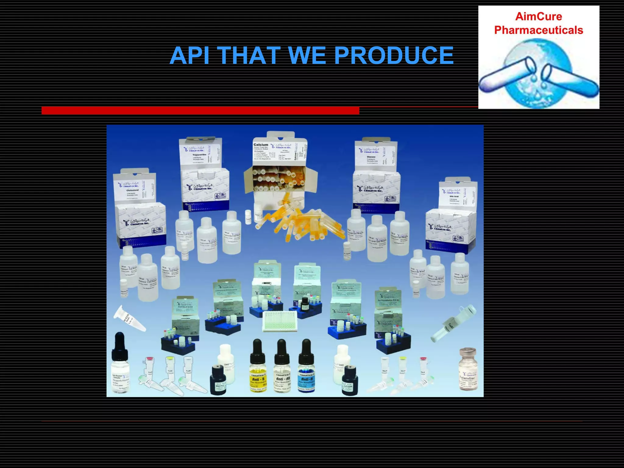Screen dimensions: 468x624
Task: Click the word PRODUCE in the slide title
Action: click(x=394, y=55)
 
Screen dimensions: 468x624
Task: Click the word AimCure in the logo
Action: click(x=538, y=16)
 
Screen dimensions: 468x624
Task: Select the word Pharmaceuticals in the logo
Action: click(x=538, y=30)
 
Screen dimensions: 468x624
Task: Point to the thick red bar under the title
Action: click(x=200, y=111)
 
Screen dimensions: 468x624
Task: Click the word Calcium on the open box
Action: click(x=261, y=145)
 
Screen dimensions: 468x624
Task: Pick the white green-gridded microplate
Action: click(x=280, y=321)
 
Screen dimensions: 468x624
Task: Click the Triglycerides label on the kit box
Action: click(x=200, y=155)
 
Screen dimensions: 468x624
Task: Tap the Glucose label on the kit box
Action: click(x=371, y=157)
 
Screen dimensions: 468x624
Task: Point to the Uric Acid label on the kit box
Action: click(x=454, y=197)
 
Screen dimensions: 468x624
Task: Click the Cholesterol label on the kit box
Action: click(x=132, y=190)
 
